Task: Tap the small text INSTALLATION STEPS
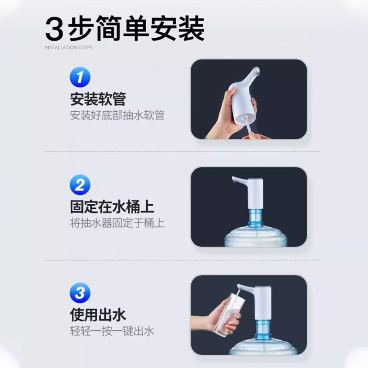click(69, 47)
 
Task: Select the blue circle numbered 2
click(80, 185)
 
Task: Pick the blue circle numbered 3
click(80, 293)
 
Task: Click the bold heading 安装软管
click(98, 99)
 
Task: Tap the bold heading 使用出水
click(98, 315)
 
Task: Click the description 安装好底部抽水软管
click(117, 115)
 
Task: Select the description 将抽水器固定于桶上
click(117, 224)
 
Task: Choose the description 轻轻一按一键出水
click(112, 331)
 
